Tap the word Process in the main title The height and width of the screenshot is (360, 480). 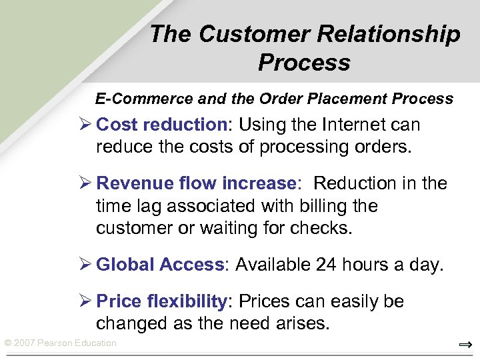(x=304, y=63)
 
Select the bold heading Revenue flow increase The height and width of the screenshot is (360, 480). (x=196, y=183)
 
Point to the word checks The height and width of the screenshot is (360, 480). (x=319, y=228)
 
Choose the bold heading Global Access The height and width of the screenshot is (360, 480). (x=160, y=265)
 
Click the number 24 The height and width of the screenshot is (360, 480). (x=326, y=265)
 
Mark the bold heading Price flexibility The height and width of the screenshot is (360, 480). (x=162, y=301)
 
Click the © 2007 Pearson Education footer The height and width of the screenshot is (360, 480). (x=60, y=343)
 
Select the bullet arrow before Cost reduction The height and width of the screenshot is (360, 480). (x=85, y=125)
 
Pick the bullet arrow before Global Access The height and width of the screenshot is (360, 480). (x=85, y=265)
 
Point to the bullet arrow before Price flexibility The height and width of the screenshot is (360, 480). (x=85, y=302)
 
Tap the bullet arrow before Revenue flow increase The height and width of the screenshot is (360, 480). (x=85, y=184)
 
